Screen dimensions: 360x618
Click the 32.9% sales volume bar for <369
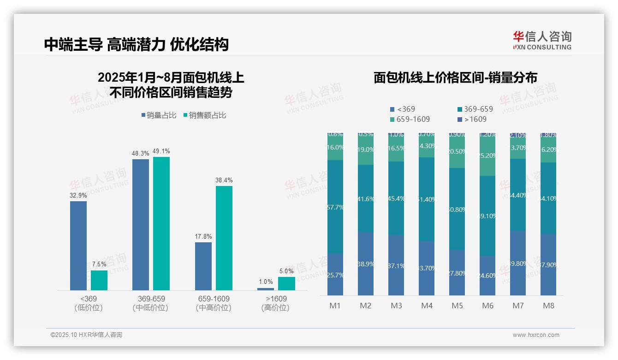[x=78, y=246]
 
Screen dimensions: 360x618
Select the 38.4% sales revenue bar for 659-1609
[x=224, y=238]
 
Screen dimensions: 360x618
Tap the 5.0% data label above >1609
[x=286, y=271]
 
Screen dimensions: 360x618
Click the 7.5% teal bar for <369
[x=99, y=280]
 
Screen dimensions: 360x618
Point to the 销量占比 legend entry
[x=159, y=115]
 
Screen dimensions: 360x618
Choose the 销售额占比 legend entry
[x=205, y=115]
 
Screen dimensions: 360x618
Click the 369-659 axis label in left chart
[x=151, y=299]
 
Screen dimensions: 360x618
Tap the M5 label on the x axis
[x=457, y=306]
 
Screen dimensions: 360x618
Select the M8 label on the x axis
[x=548, y=306]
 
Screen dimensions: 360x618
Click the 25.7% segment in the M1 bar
[x=335, y=274]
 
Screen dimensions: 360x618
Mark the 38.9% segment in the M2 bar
[x=366, y=264]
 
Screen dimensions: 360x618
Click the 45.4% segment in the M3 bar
[x=396, y=198]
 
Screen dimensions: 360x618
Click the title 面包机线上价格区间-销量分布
[x=455, y=78]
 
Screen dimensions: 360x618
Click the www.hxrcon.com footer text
[x=536, y=335]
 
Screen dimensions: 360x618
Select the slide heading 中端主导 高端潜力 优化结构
[x=137, y=44]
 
